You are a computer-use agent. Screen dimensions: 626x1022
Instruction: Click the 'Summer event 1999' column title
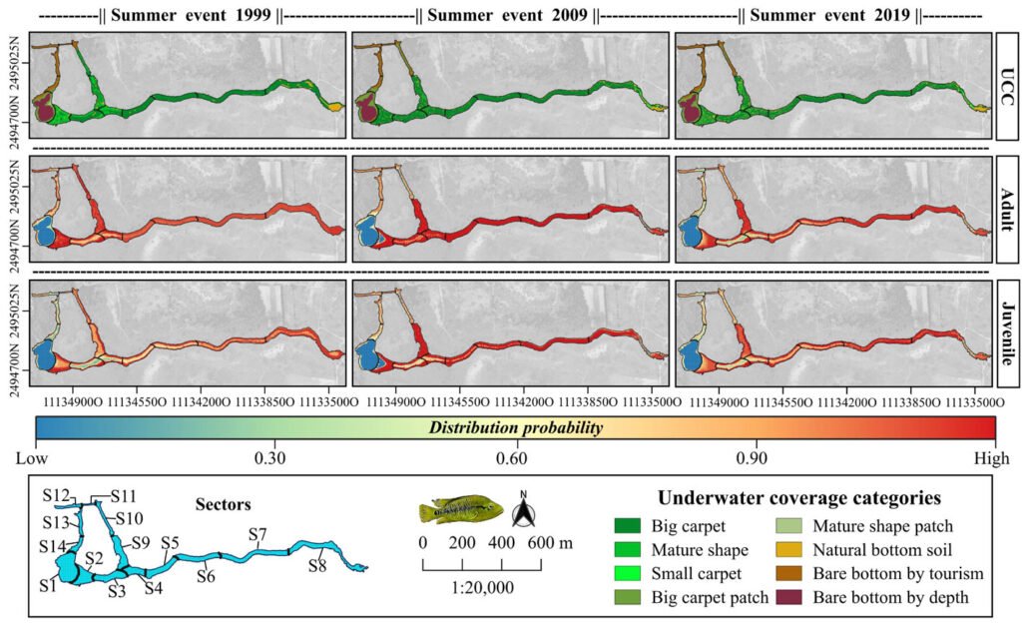190,17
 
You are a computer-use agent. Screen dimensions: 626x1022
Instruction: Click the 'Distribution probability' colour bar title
515,428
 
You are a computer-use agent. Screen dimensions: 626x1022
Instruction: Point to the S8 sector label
317,566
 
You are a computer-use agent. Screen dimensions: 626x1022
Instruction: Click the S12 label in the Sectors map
56,495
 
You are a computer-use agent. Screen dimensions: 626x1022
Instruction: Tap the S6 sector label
207,576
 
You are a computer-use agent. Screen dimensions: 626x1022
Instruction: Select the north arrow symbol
524,512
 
